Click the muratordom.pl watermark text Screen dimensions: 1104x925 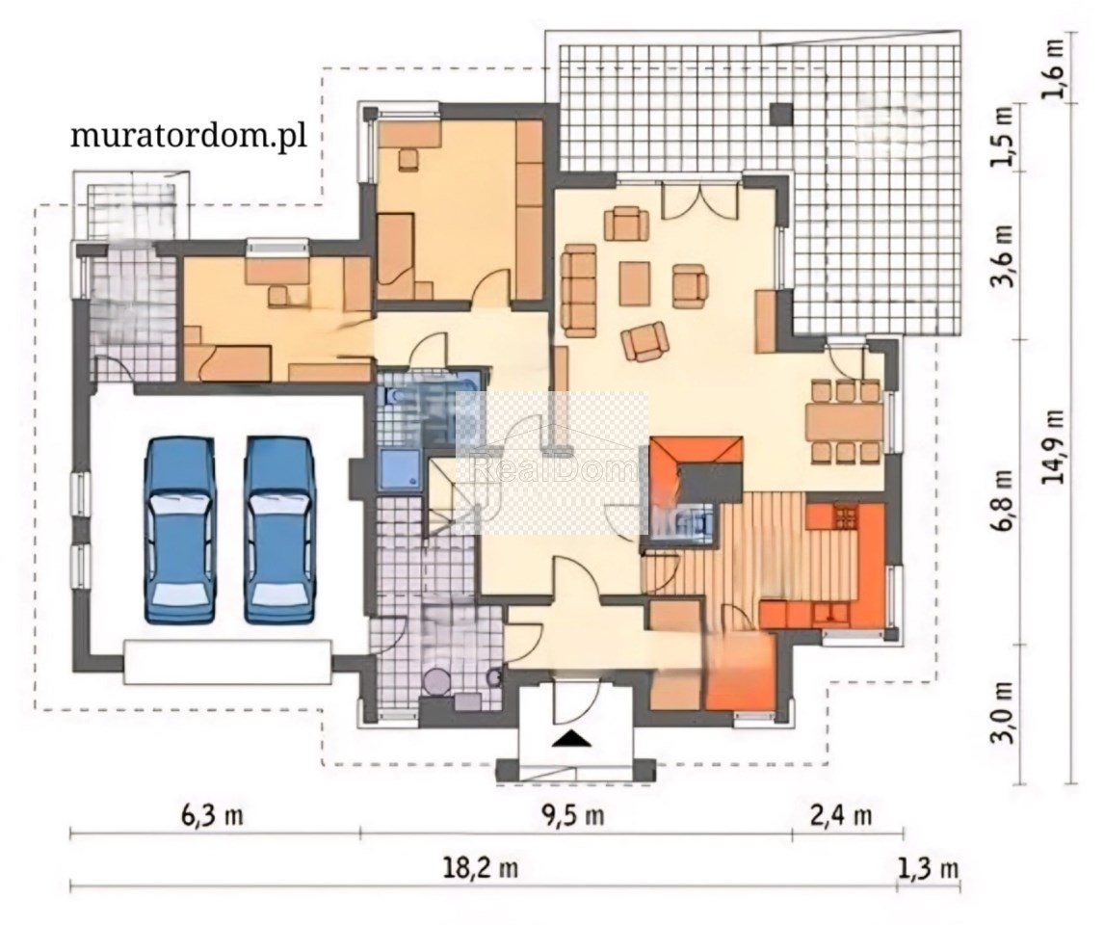tap(189, 135)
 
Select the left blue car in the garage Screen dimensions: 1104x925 tap(180, 530)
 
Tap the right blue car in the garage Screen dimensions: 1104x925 tap(279, 530)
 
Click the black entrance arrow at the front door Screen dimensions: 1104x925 tap(571, 738)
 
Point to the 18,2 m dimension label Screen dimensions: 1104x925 tap(481, 867)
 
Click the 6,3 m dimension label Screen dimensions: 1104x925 tap(213, 815)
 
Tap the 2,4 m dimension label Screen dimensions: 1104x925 tap(841, 815)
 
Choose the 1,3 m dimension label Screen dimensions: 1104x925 tap(928, 867)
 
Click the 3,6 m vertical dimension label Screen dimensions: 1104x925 tap(1003, 256)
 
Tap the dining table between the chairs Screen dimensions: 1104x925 tap(845, 421)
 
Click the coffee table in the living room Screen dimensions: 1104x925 tap(635, 283)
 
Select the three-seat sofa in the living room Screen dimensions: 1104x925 tap(579, 289)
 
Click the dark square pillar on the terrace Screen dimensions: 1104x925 tap(781, 114)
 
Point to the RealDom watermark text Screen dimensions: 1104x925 tap(553, 469)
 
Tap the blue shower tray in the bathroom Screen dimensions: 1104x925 tap(400, 470)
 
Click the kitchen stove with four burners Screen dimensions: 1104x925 tap(845, 517)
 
